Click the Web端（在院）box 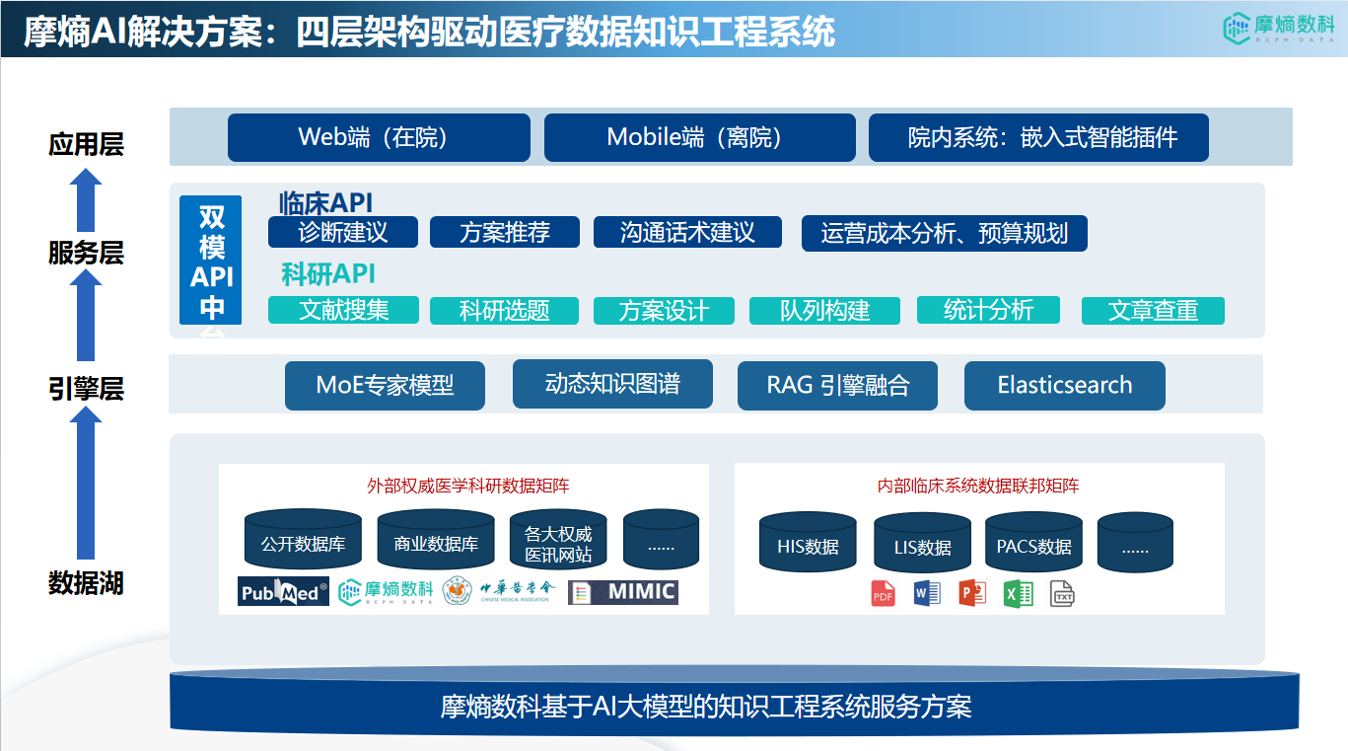(x=379, y=137)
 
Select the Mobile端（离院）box (x=699, y=137)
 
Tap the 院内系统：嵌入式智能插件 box (x=1038, y=137)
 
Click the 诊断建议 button (x=343, y=233)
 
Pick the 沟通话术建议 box (x=687, y=233)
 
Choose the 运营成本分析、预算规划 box (x=944, y=234)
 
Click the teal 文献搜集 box (x=343, y=310)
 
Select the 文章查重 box (x=1153, y=311)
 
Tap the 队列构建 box (x=824, y=311)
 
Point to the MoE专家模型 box (x=385, y=385)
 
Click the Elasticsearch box (x=1064, y=385)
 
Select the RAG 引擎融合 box (x=837, y=385)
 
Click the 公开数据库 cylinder (x=303, y=543)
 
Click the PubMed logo (x=283, y=592)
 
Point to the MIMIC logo (x=623, y=592)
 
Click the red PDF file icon (x=883, y=594)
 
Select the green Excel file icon (x=1018, y=594)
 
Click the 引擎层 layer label (x=86, y=390)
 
